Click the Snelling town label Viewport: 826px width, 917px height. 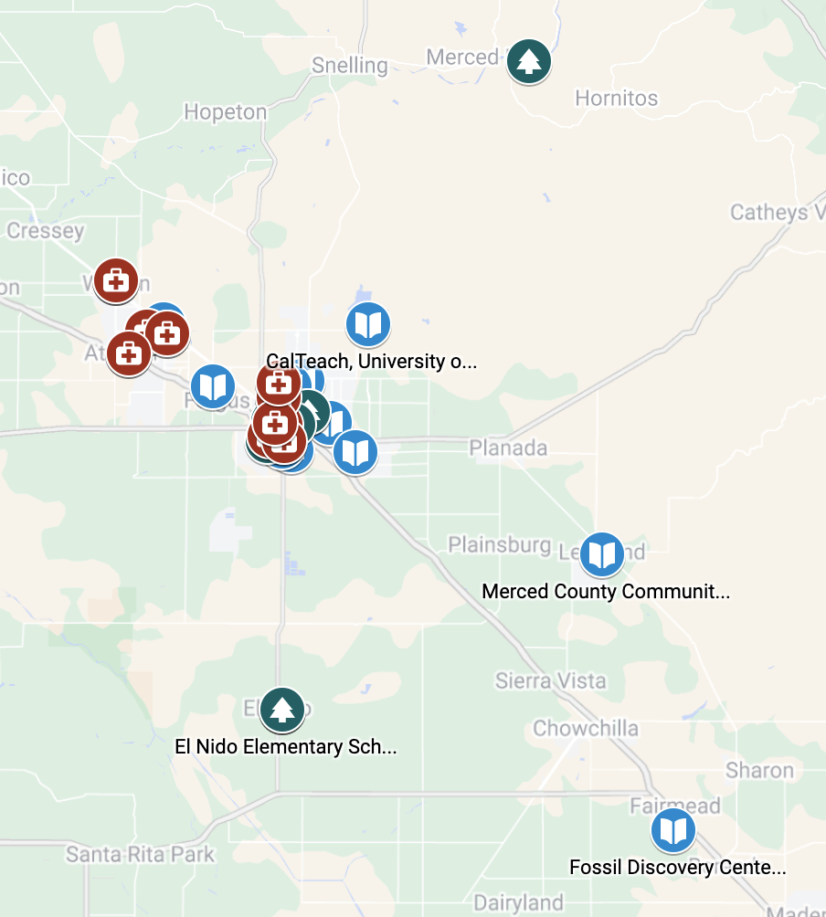tap(349, 66)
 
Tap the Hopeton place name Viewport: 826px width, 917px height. tap(225, 112)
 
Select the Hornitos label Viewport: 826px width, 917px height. tap(616, 98)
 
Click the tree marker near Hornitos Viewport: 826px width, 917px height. tap(527, 61)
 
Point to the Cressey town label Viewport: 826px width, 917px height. tap(46, 231)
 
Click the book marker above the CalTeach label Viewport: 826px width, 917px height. tap(368, 324)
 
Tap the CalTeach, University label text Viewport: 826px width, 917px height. tap(371, 362)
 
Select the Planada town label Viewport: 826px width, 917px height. tap(508, 448)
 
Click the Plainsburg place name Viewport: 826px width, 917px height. tap(499, 545)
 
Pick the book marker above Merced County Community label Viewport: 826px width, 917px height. tap(601, 554)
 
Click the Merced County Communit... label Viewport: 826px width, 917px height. tap(606, 591)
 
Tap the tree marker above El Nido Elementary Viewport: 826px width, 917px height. tap(281, 710)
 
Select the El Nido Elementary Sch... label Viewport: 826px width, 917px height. tap(286, 747)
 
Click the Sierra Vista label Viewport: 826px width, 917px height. tap(550, 680)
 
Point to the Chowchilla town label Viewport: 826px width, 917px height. tap(586, 729)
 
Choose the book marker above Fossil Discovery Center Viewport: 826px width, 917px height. tap(672, 831)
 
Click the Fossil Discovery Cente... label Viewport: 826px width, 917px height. tap(677, 868)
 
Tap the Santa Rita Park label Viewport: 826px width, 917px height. tap(140, 855)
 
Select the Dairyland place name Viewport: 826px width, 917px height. tap(518, 902)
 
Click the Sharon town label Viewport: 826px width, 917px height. tap(759, 770)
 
